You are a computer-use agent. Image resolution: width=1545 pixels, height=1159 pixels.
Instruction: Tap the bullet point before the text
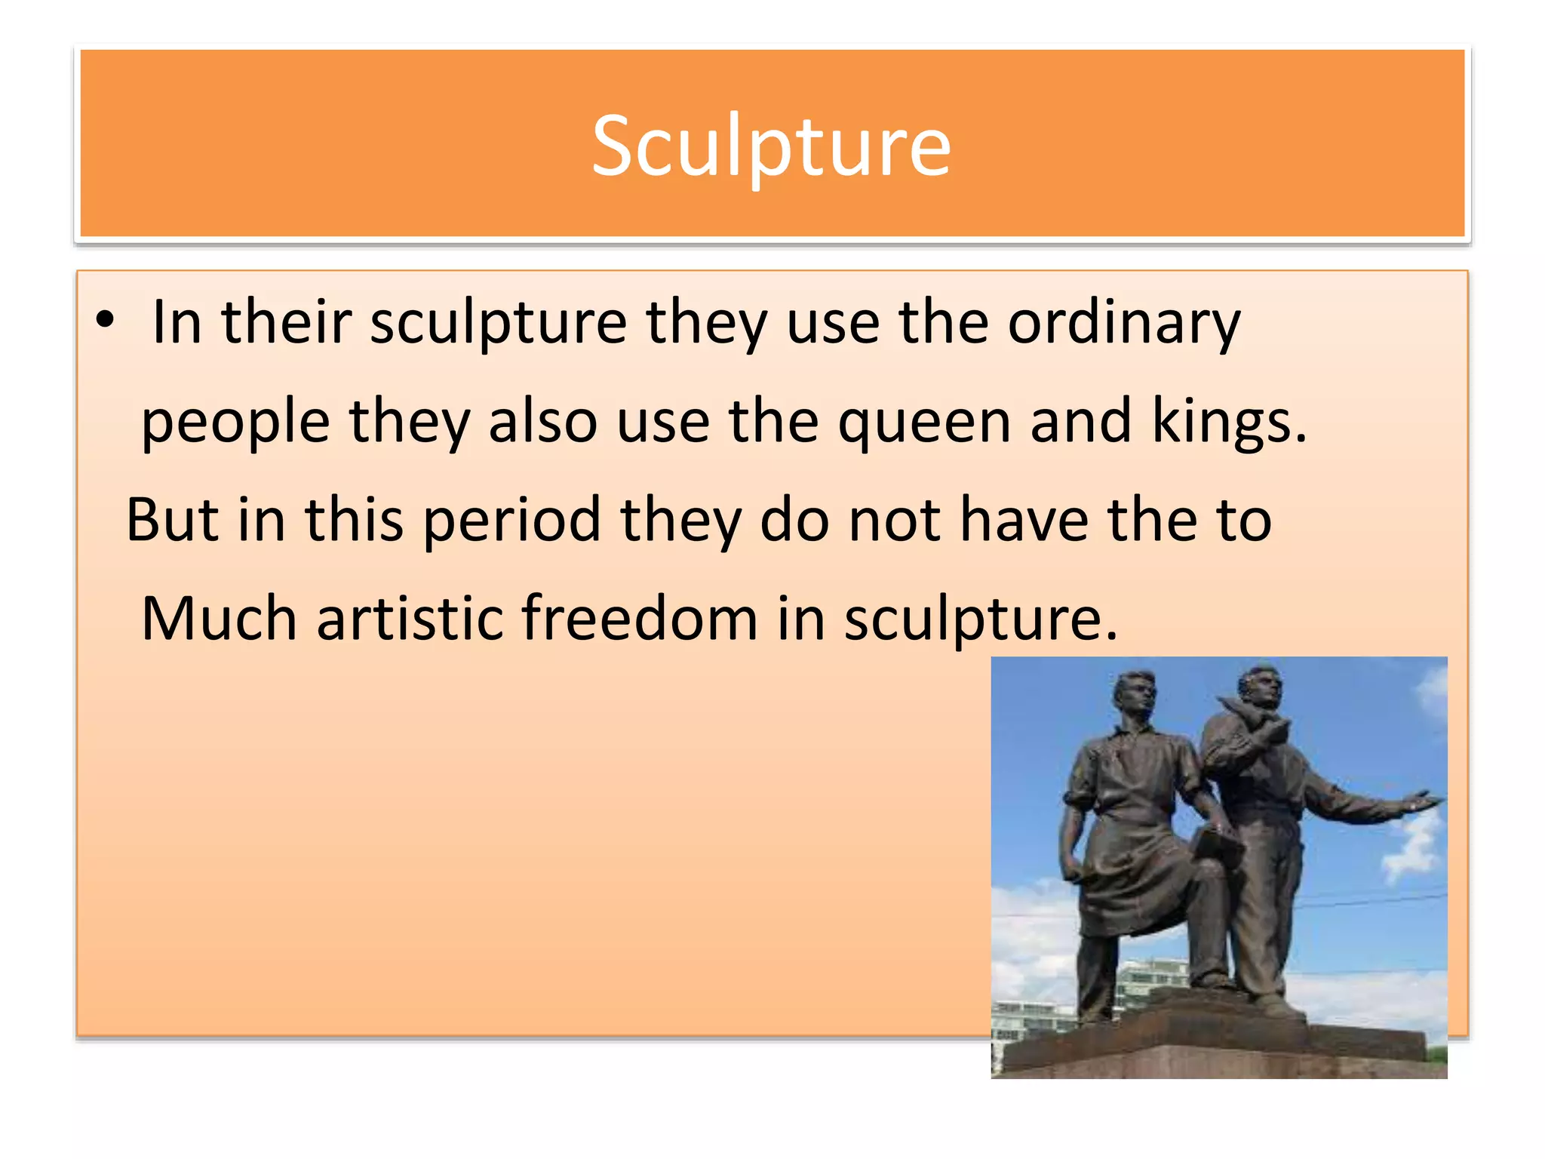(x=105, y=320)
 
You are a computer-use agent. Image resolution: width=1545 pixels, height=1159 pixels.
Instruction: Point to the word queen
(x=924, y=423)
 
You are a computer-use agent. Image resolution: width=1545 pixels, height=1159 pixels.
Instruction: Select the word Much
(x=219, y=619)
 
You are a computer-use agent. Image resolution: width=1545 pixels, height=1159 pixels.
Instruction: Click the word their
(x=286, y=323)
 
